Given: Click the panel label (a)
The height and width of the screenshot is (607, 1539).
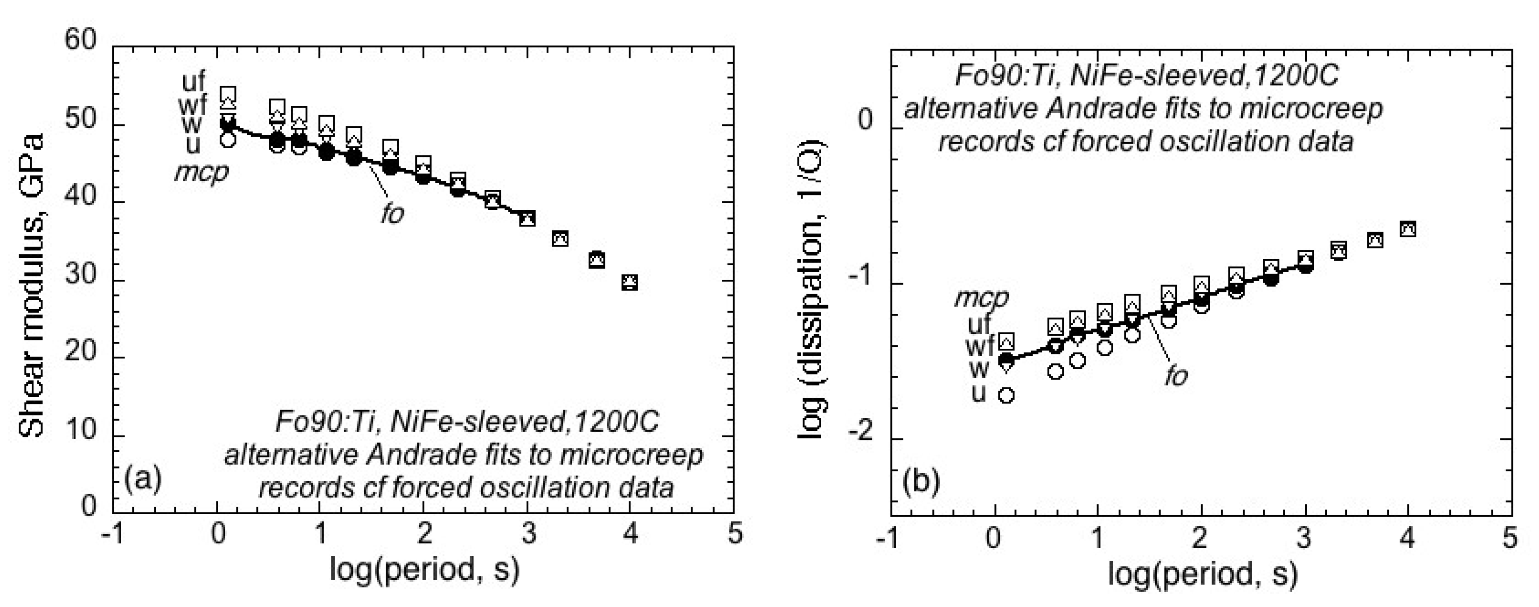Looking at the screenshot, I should point(143,480).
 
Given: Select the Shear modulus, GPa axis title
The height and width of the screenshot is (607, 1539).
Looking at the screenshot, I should point(32,286).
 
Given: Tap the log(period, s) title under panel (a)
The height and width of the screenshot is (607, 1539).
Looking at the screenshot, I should point(425,569).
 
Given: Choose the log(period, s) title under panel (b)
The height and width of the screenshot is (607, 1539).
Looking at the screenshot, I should point(1203,573).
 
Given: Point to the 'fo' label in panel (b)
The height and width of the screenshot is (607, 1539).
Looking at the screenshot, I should point(1176,376).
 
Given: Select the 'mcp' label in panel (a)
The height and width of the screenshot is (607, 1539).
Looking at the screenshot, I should point(201,172).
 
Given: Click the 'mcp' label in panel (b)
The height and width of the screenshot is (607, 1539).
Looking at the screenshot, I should point(981,297).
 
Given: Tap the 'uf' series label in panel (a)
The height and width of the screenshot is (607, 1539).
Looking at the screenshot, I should point(194,83).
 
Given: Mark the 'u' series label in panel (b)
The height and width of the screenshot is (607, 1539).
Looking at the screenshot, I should point(978,393).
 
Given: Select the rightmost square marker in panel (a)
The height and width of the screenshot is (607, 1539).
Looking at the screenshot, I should point(630,282).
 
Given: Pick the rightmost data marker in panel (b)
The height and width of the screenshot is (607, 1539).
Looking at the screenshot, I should point(1408,229).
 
